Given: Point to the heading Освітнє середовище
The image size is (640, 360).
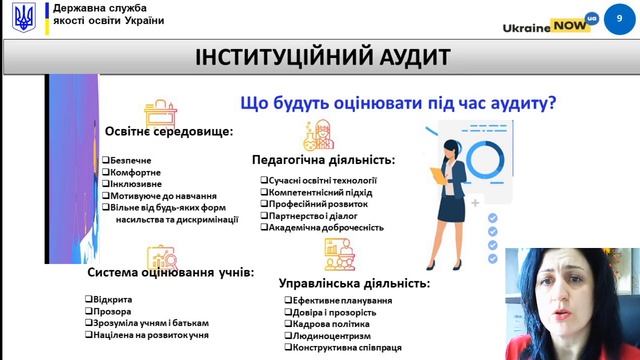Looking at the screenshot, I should point(169,131).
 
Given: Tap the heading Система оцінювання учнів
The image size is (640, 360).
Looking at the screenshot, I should point(170,271).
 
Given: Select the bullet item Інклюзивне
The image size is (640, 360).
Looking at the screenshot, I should point(131,183).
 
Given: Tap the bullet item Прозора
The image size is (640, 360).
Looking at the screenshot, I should point(108,311).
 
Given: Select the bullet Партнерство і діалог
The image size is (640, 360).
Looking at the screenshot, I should point(314,215).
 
